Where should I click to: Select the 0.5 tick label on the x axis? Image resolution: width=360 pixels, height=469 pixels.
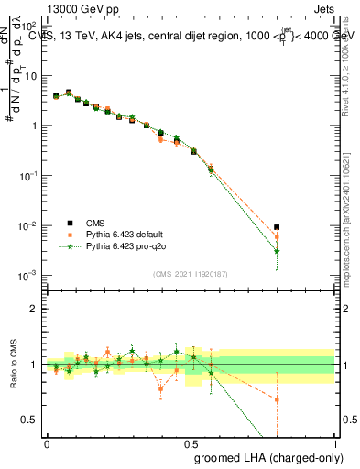[x=191, y=442]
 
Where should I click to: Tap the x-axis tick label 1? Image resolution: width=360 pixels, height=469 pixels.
[x=335, y=442]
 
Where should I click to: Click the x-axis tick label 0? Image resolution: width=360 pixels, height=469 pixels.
[x=47, y=442]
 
